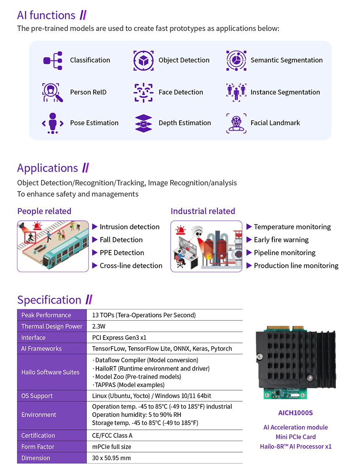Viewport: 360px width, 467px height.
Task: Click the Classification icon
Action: coord(53,60)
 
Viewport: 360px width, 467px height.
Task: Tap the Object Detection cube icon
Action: coord(143,60)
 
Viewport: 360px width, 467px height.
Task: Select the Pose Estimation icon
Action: coord(53,123)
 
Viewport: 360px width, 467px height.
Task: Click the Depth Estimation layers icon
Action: coord(143,123)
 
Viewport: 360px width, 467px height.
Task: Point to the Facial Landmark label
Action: coord(275,123)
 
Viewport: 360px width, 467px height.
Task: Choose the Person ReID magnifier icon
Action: coord(53,92)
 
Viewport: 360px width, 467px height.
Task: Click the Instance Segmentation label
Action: coord(285,92)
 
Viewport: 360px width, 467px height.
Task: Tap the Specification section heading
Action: coord(49,300)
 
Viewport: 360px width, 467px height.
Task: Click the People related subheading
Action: coord(44,211)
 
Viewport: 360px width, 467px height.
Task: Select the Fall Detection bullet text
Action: coord(121,240)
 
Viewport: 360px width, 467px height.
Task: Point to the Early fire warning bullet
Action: coord(281,240)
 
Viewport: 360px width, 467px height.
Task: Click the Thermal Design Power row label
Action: coord(52,326)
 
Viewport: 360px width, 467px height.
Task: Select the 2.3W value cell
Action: coord(99,326)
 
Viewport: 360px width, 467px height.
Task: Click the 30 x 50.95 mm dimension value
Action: coord(111,458)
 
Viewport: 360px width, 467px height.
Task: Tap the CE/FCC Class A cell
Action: coord(112,435)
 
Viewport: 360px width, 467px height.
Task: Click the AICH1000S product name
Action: coord(296,413)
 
